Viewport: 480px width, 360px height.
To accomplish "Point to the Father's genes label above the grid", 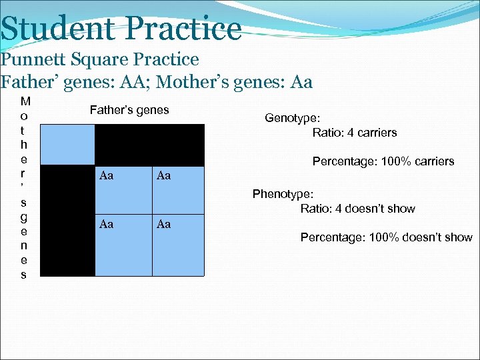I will pyautogui.click(x=129, y=110).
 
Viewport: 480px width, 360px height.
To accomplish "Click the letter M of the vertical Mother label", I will pyautogui.click(x=25, y=102).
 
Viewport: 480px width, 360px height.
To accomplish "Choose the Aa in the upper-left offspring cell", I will pyautogui.click(x=106, y=176).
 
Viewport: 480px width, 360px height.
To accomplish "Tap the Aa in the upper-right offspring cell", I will pyautogui.click(x=163, y=176).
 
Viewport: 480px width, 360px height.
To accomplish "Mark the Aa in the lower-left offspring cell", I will pyautogui.click(x=106, y=225).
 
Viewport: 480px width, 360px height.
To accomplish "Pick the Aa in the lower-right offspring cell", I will pyautogui.click(x=163, y=225).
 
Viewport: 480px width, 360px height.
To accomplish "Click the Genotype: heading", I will pyautogui.click(x=292, y=118).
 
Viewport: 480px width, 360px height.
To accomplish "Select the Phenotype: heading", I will pyautogui.click(x=283, y=194).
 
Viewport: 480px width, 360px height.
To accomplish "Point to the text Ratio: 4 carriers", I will pyautogui.click(x=355, y=133).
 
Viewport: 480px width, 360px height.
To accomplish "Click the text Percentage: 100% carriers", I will pyautogui.click(x=383, y=161).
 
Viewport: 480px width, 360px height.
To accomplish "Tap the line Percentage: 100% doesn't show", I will pyautogui.click(x=386, y=237).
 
